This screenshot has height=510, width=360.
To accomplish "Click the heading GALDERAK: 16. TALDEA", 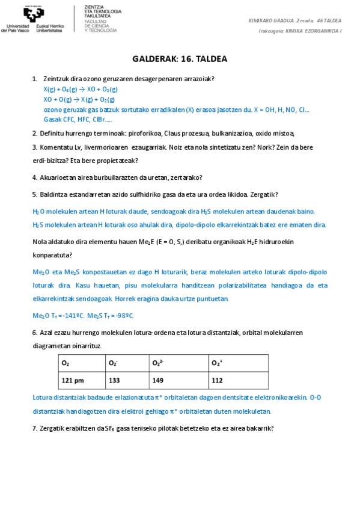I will pyautogui.click(x=180, y=59).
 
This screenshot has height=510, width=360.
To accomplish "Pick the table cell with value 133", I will pyautogui.click(x=114, y=380).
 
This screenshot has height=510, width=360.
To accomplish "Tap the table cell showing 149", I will pyautogui.click(x=157, y=380).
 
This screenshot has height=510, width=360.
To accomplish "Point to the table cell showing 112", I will pyautogui.click(x=217, y=380).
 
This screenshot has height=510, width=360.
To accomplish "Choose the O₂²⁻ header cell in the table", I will pyautogui.click(x=157, y=363).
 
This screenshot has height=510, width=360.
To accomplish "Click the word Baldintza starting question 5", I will pyautogui.click(x=54, y=194).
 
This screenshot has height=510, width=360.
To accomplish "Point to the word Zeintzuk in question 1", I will pyautogui.click(x=55, y=79).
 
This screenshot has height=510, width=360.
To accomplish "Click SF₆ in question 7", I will pyautogui.click(x=110, y=428).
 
